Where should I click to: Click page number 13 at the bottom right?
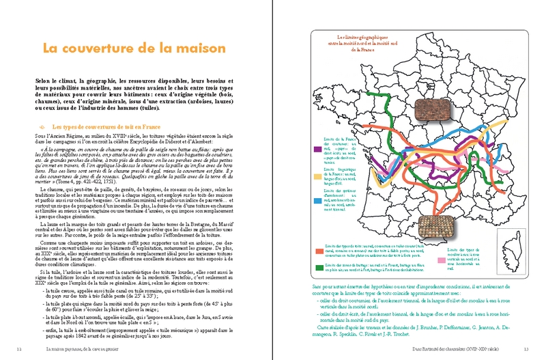526,350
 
